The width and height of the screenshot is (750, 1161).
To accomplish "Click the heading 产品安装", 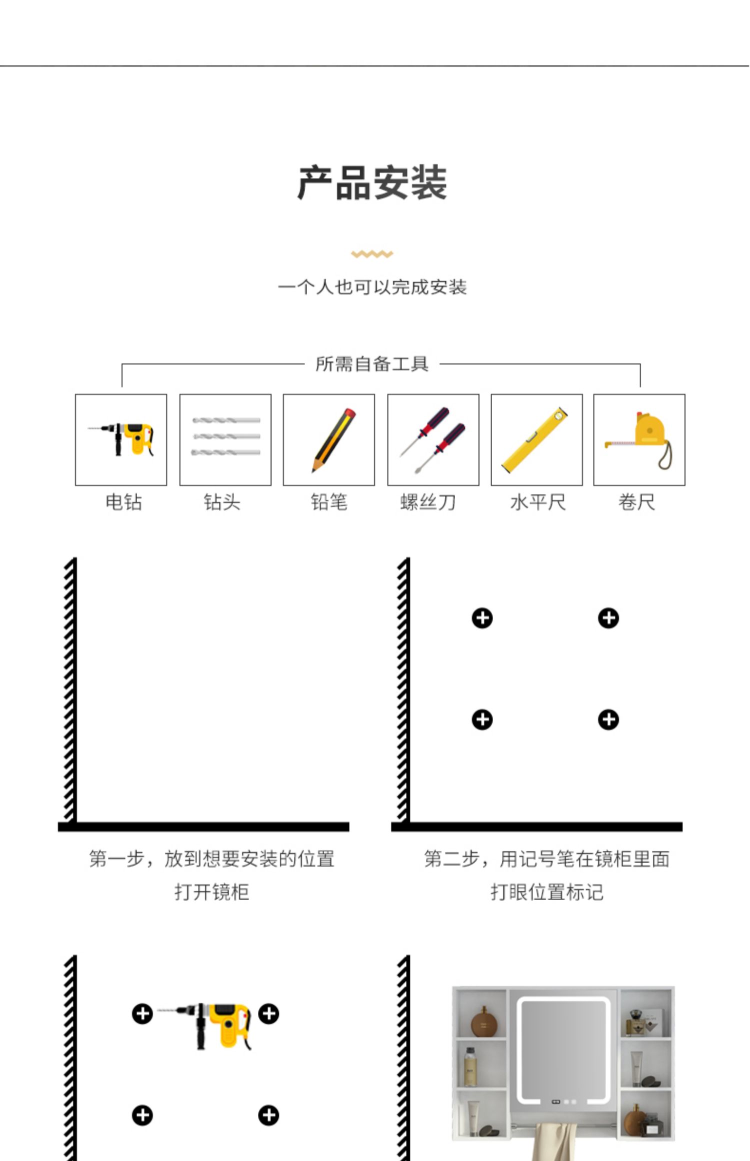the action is pos(372,183).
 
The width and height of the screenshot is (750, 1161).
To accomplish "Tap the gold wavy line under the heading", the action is pos(372,254).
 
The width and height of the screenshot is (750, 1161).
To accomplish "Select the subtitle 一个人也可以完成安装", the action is pos(372,287).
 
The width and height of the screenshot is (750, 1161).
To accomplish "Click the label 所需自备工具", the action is pos(372,364).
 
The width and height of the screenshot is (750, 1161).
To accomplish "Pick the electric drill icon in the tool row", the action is pos(121,439).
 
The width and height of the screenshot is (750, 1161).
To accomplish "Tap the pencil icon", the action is pos(329,439).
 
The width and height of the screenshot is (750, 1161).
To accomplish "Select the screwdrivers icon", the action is pos(433,439).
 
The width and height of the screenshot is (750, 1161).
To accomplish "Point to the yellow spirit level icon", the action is pos(536,439).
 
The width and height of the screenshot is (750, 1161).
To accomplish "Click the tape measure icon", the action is pos(639,439).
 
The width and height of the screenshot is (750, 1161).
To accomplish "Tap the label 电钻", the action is pos(124,502).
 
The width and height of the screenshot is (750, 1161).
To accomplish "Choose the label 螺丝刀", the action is pos(428,502).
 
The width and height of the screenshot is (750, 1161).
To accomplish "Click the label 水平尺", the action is pos(538,502).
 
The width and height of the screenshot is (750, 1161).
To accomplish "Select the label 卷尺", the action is pos(636,502).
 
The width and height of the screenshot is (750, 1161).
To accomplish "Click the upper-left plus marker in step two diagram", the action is pos(482,618).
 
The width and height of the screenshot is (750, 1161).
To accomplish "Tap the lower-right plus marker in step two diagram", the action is pos(608,719).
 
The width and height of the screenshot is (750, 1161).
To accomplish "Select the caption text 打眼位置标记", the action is pos(547,892).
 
